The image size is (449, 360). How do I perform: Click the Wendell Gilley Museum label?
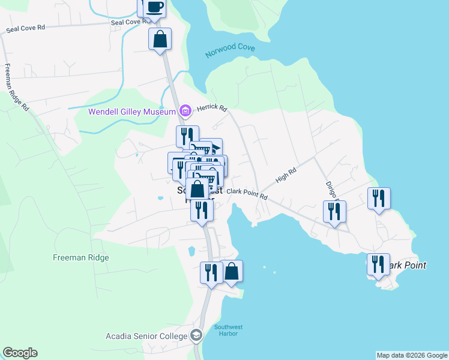click(x=132, y=111)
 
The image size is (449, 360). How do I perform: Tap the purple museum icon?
click(x=185, y=110)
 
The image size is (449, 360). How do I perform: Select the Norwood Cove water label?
click(x=231, y=51)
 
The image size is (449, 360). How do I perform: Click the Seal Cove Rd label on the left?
click(x=25, y=28)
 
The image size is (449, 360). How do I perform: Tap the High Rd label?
click(x=286, y=175)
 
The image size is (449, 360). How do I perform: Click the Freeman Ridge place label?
click(x=80, y=258)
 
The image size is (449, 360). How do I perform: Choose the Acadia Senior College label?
click(x=146, y=336)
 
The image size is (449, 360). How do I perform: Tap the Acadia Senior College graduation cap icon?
click(x=196, y=336)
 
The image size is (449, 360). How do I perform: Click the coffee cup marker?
click(x=154, y=7)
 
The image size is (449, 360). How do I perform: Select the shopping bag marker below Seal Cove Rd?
click(x=160, y=39)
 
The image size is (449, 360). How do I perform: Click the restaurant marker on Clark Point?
click(x=378, y=264)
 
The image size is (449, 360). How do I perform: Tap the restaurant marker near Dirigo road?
click(x=334, y=211)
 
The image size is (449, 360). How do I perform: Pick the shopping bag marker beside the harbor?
click(x=232, y=271)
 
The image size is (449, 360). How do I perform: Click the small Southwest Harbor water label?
click(x=228, y=331)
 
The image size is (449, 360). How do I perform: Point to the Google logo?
click(x=20, y=353)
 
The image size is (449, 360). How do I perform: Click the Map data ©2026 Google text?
click(x=412, y=355)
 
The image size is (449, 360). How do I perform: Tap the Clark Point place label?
click(x=407, y=265)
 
